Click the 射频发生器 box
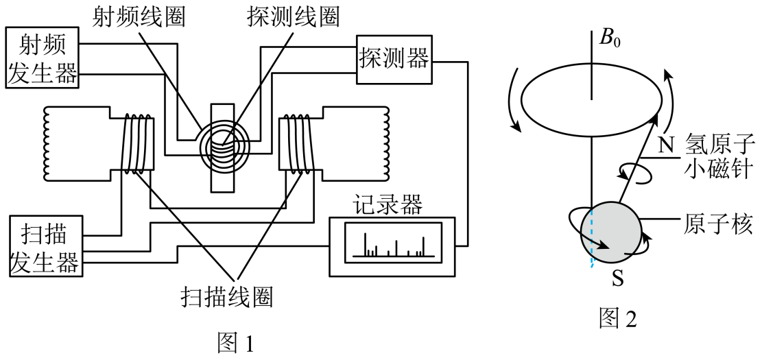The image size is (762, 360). tap(43, 58)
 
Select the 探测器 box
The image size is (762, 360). tap(394, 59)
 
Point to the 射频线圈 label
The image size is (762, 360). tap(139, 18)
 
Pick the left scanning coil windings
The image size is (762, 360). tap(136, 143)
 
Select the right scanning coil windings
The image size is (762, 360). tap(298, 143)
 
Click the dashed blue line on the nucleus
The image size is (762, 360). tap(591, 238)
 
